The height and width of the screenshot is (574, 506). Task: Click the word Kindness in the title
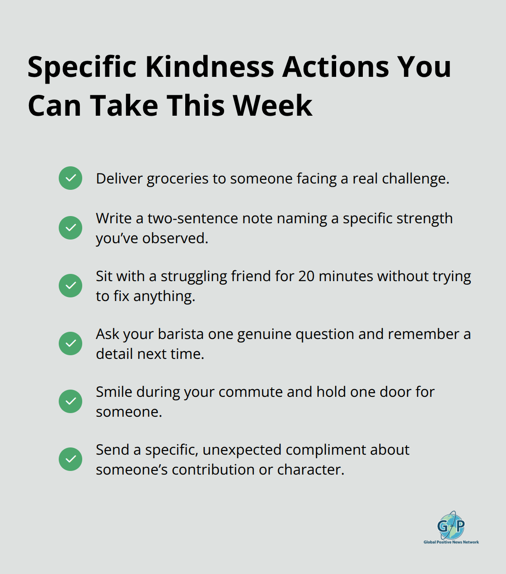210,67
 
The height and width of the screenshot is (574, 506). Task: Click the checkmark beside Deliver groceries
70,178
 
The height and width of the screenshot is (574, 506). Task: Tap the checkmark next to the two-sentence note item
70,228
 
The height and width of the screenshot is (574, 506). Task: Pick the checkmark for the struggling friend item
70,286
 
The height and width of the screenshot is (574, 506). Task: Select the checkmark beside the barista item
70,343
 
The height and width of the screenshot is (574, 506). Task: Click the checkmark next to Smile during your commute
70,401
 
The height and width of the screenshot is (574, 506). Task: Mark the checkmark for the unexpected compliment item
70,459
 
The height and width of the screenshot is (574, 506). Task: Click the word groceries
178,179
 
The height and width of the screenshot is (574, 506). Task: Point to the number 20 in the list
306,276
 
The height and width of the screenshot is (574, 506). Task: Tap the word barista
181,334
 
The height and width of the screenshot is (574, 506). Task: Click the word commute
250,392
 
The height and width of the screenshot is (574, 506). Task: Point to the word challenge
415,179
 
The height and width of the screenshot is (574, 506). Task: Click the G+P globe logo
451,525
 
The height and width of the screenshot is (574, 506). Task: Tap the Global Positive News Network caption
451,542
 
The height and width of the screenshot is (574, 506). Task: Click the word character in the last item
311,470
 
